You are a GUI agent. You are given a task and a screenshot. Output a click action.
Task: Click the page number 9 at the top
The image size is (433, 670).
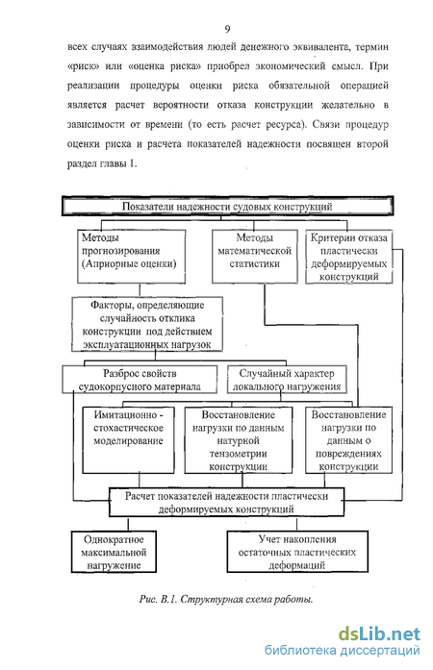pyautogui.click(x=227, y=29)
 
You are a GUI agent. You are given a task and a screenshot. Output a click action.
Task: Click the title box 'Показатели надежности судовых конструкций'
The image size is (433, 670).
pyautogui.click(x=227, y=206)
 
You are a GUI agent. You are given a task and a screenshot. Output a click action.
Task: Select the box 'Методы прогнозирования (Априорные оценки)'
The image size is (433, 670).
pyautogui.click(x=132, y=257)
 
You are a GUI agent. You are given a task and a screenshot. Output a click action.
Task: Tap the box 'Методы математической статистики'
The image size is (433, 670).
pyautogui.click(x=255, y=257)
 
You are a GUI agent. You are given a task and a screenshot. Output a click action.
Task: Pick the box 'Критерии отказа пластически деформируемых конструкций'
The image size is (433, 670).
pyautogui.click(x=348, y=257)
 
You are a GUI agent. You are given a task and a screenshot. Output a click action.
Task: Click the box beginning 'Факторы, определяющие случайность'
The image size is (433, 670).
pyautogui.click(x=147, y=324)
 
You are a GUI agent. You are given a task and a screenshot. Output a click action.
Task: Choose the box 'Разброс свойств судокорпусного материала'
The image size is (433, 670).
pyautogui.click(x=140, y=380)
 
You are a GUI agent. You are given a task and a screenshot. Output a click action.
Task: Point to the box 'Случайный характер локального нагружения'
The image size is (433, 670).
pyautogui.click(x=287, y=380)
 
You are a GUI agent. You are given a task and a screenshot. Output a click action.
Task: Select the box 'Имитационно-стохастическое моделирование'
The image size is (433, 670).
pyautogui.click(x=128, y=440)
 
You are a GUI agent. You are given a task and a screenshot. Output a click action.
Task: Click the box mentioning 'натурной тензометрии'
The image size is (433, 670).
pyautogui.click(x=239, y=440)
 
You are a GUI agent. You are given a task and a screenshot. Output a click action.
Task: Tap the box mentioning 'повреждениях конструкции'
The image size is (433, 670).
pyautogui.click(x=348, y=440)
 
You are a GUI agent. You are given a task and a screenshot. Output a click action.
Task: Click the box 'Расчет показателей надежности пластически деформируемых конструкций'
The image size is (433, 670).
pyautogui.click(x=227, y=503)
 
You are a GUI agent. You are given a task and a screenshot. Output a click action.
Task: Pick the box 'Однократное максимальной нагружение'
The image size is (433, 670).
pyautogui.click(x=114, y=552)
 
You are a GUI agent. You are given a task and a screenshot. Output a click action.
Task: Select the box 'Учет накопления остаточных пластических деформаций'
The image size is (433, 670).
pyautogui.click(x=297, y=552)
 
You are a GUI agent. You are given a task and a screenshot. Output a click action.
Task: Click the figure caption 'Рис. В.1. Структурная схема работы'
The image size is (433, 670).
pyautogui.click(x=226, y=599)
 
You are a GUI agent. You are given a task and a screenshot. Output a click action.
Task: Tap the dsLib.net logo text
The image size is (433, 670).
pyautogui.click(x=379, y=634)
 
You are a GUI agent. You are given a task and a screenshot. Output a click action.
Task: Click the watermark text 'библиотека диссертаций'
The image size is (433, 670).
pyautogui.click(x=342, y=651)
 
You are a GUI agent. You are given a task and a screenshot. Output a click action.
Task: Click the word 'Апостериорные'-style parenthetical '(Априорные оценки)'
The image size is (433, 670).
pyautogui.click(x=129, y=263)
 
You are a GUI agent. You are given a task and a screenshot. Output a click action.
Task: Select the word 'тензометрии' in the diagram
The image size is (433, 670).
pyautogui.click(x=239, y=454)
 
